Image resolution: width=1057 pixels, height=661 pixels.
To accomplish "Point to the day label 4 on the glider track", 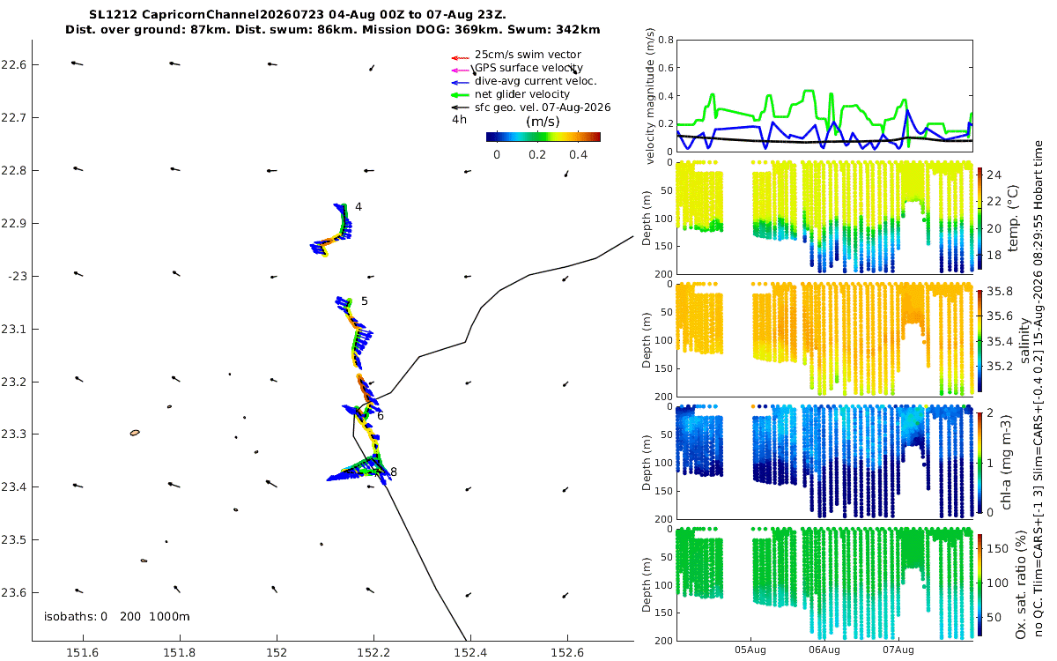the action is [358, 207].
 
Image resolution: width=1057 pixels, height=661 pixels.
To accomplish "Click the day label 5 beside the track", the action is [365, 301].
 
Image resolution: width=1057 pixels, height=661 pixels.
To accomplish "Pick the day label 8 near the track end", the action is [394, 472].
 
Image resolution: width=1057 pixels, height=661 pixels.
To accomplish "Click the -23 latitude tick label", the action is [18, 276].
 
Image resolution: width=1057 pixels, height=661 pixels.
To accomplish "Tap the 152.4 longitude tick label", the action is [470, 652].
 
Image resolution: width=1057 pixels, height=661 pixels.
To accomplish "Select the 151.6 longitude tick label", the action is [83, 652].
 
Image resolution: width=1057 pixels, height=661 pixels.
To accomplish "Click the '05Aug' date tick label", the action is [750, 650].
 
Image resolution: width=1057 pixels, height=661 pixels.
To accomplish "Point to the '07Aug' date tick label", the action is [898, 650].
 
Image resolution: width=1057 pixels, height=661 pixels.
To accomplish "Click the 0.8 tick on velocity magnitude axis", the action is [666, 40].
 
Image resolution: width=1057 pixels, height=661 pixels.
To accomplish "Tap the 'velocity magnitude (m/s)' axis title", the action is [650, 96].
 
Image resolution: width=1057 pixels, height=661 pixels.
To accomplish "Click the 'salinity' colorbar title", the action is [1025, 340].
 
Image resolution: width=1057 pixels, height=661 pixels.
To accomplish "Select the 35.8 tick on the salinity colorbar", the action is [1000, 292].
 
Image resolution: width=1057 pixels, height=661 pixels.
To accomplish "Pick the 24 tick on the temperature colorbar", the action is [994, 175].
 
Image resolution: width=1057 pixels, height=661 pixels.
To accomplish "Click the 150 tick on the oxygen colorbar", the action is [997, 548].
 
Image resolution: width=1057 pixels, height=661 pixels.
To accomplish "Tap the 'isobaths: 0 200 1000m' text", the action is [116, 617].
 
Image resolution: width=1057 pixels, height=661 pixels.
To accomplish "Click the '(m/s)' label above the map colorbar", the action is [543, 122].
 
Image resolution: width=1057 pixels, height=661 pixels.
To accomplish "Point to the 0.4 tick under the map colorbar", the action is [578, 155].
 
